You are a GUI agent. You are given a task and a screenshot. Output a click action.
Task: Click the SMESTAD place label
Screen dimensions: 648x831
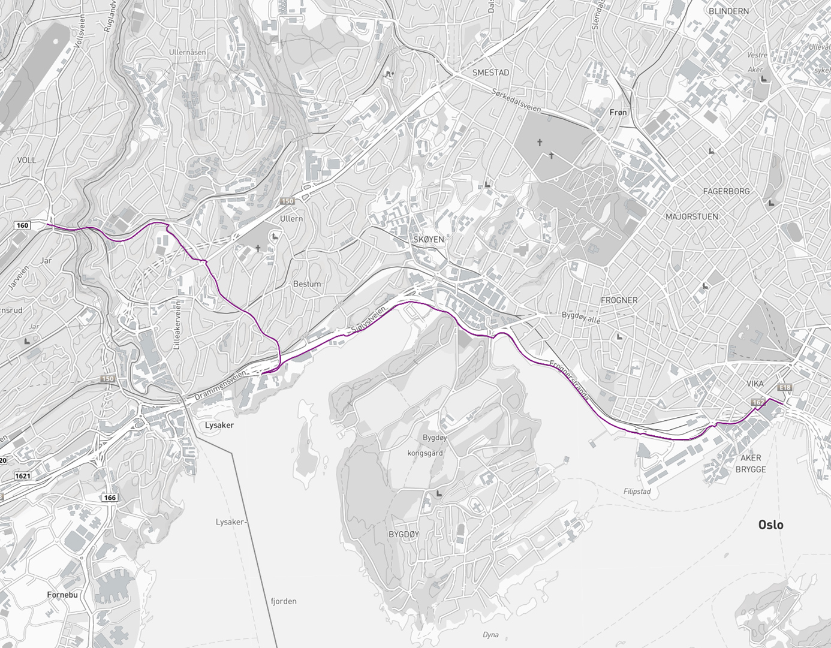(x=490, y=73)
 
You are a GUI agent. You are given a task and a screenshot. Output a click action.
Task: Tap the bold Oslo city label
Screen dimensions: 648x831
(x=770, y=525)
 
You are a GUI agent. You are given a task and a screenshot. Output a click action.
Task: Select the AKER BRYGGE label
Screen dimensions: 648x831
(x=751, y=463)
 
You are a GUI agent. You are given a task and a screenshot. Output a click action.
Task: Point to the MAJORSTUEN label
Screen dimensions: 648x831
(x=691, y=216)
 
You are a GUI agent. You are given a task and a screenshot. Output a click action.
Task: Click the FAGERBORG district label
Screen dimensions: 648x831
(x=726, y=191)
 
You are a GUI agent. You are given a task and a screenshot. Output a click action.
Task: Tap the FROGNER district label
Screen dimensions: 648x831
(x=619, y=300)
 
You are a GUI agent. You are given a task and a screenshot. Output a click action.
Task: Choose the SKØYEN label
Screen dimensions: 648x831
(x=428, y=239)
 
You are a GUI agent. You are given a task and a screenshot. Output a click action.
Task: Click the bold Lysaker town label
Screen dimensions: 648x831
(x=219, y=425)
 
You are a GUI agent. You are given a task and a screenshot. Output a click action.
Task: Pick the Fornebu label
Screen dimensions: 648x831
(x=62, y=595)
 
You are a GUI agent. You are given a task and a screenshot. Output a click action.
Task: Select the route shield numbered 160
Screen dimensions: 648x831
(x=22, y=225)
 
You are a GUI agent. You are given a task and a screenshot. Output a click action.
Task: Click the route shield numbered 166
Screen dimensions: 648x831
(x=109, y=498)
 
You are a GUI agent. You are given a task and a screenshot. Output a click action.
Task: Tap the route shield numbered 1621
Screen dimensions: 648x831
(x=23, y=476)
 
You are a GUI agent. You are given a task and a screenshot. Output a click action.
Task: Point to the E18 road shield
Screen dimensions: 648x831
(x=785, y=387)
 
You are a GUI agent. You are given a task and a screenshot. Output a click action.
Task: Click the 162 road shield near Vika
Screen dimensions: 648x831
(x=758, y=402)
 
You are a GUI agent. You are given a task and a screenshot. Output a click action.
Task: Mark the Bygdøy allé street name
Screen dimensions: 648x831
(x=580, y=317)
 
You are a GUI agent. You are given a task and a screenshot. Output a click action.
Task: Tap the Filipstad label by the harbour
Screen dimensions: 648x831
(x=637, y=492)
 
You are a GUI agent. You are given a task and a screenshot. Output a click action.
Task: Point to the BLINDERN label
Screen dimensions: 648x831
(x=728, y=11)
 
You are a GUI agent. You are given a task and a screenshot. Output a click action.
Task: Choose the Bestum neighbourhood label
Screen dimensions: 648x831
(x=306, y=284)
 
